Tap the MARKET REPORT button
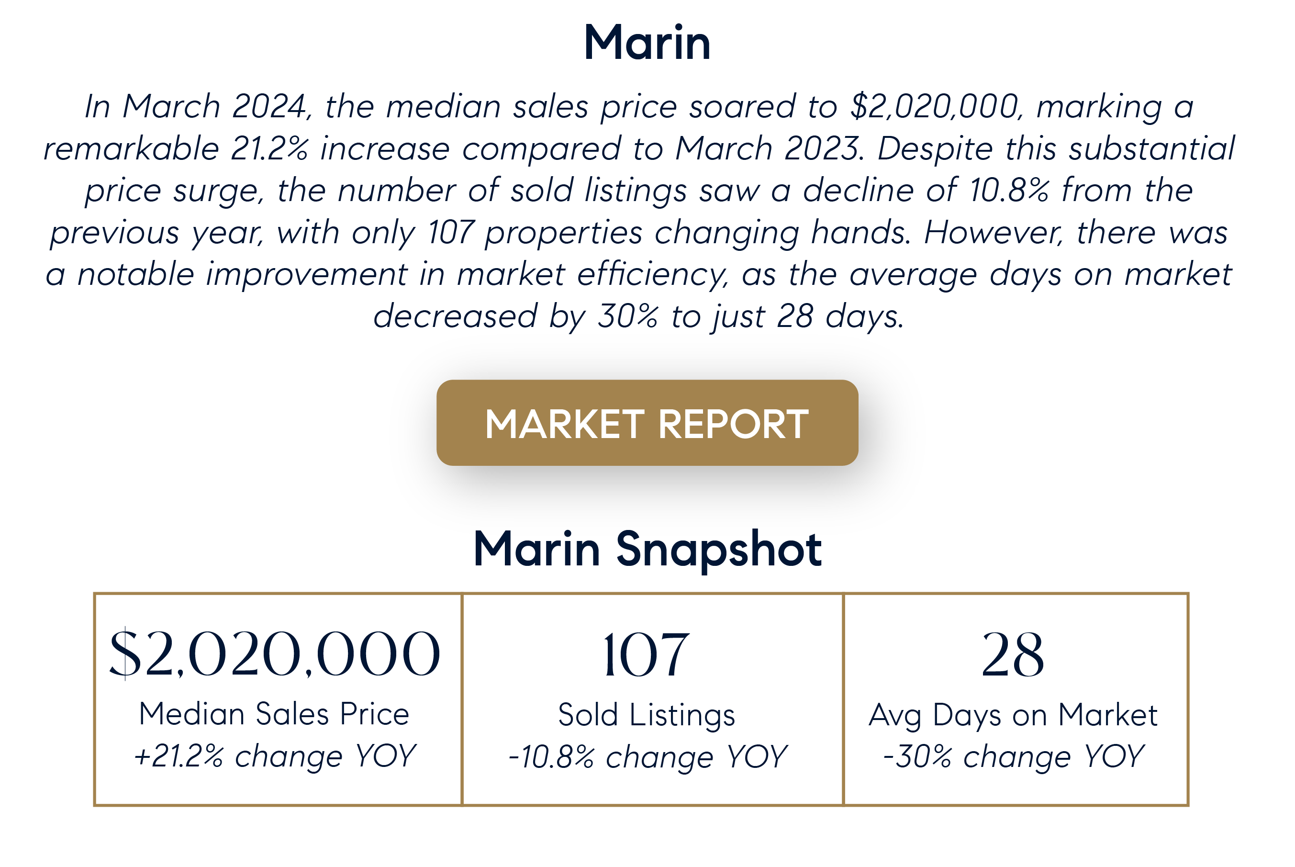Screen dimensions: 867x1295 pos(647,423)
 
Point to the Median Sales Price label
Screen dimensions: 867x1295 pos(274,714)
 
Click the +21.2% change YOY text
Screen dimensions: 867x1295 pos(275,756)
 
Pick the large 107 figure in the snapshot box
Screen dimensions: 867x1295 pos(646,655)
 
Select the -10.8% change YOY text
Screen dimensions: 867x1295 pos(647,757)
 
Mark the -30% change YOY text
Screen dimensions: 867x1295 pos(1013,756)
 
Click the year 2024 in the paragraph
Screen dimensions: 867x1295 pos(268,106)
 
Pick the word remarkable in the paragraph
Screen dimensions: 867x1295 pos(131,148)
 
